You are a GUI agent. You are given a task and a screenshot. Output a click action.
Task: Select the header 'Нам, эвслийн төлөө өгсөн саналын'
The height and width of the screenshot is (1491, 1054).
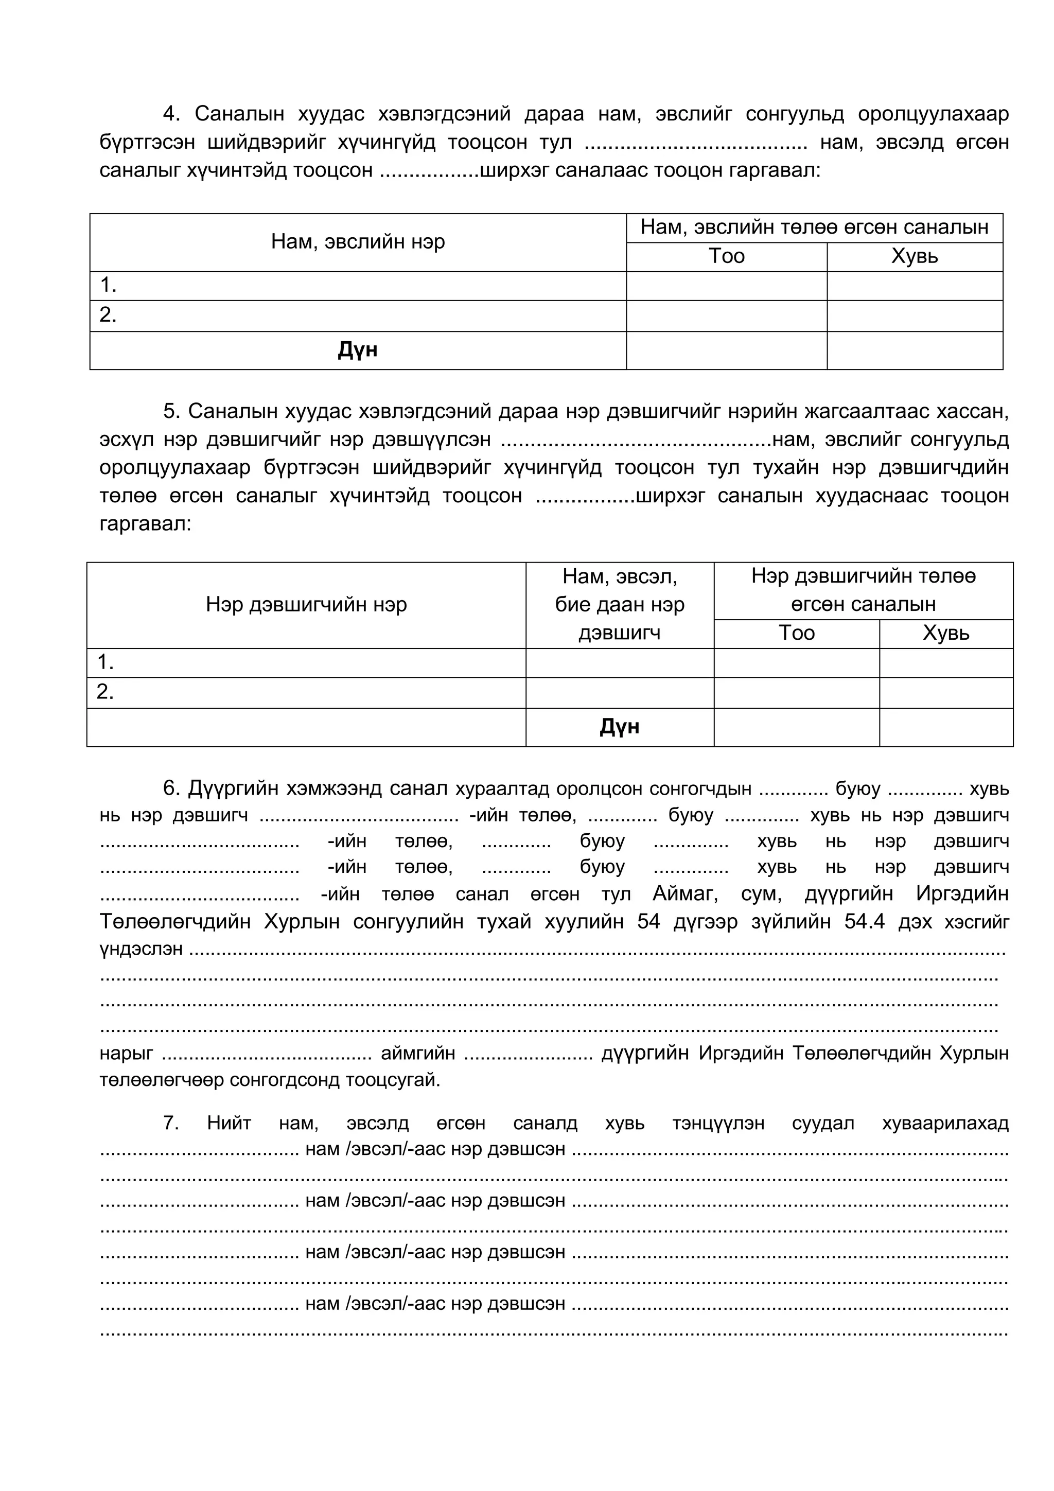[x=814, y=227]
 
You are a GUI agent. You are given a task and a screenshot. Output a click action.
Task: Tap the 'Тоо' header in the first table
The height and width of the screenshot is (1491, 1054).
[x=726, y=256]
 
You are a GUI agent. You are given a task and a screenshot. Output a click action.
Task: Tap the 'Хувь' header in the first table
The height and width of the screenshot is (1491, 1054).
[x=915, y=256]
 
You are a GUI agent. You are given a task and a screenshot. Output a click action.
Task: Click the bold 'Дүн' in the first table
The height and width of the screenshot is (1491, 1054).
[x=357, y=350]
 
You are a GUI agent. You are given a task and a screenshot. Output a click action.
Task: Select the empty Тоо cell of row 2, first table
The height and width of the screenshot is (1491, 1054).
[x=726, y=315]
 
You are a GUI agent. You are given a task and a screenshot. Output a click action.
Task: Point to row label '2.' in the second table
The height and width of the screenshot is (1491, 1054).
[x=105, y=692]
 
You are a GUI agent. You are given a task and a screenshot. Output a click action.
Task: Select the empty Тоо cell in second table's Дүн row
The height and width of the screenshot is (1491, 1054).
[x=796, y=727]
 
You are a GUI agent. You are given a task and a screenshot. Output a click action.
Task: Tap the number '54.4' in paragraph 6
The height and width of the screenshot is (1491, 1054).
[x=865, y=922]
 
